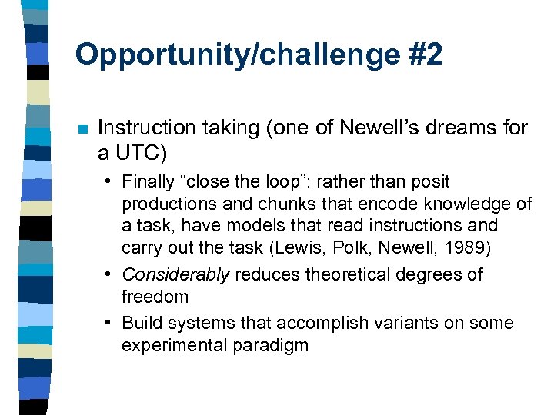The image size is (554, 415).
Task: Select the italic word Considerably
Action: pyautogui.click(x=175, y=274)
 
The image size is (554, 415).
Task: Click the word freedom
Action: pyautogui.click(x=155, y=296)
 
